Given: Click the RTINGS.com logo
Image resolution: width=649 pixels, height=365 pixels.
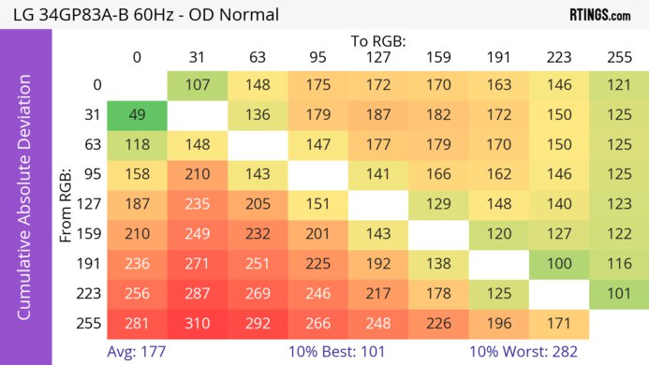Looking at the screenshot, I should point(599,15).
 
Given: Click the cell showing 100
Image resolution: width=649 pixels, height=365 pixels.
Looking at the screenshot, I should point(558,265).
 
